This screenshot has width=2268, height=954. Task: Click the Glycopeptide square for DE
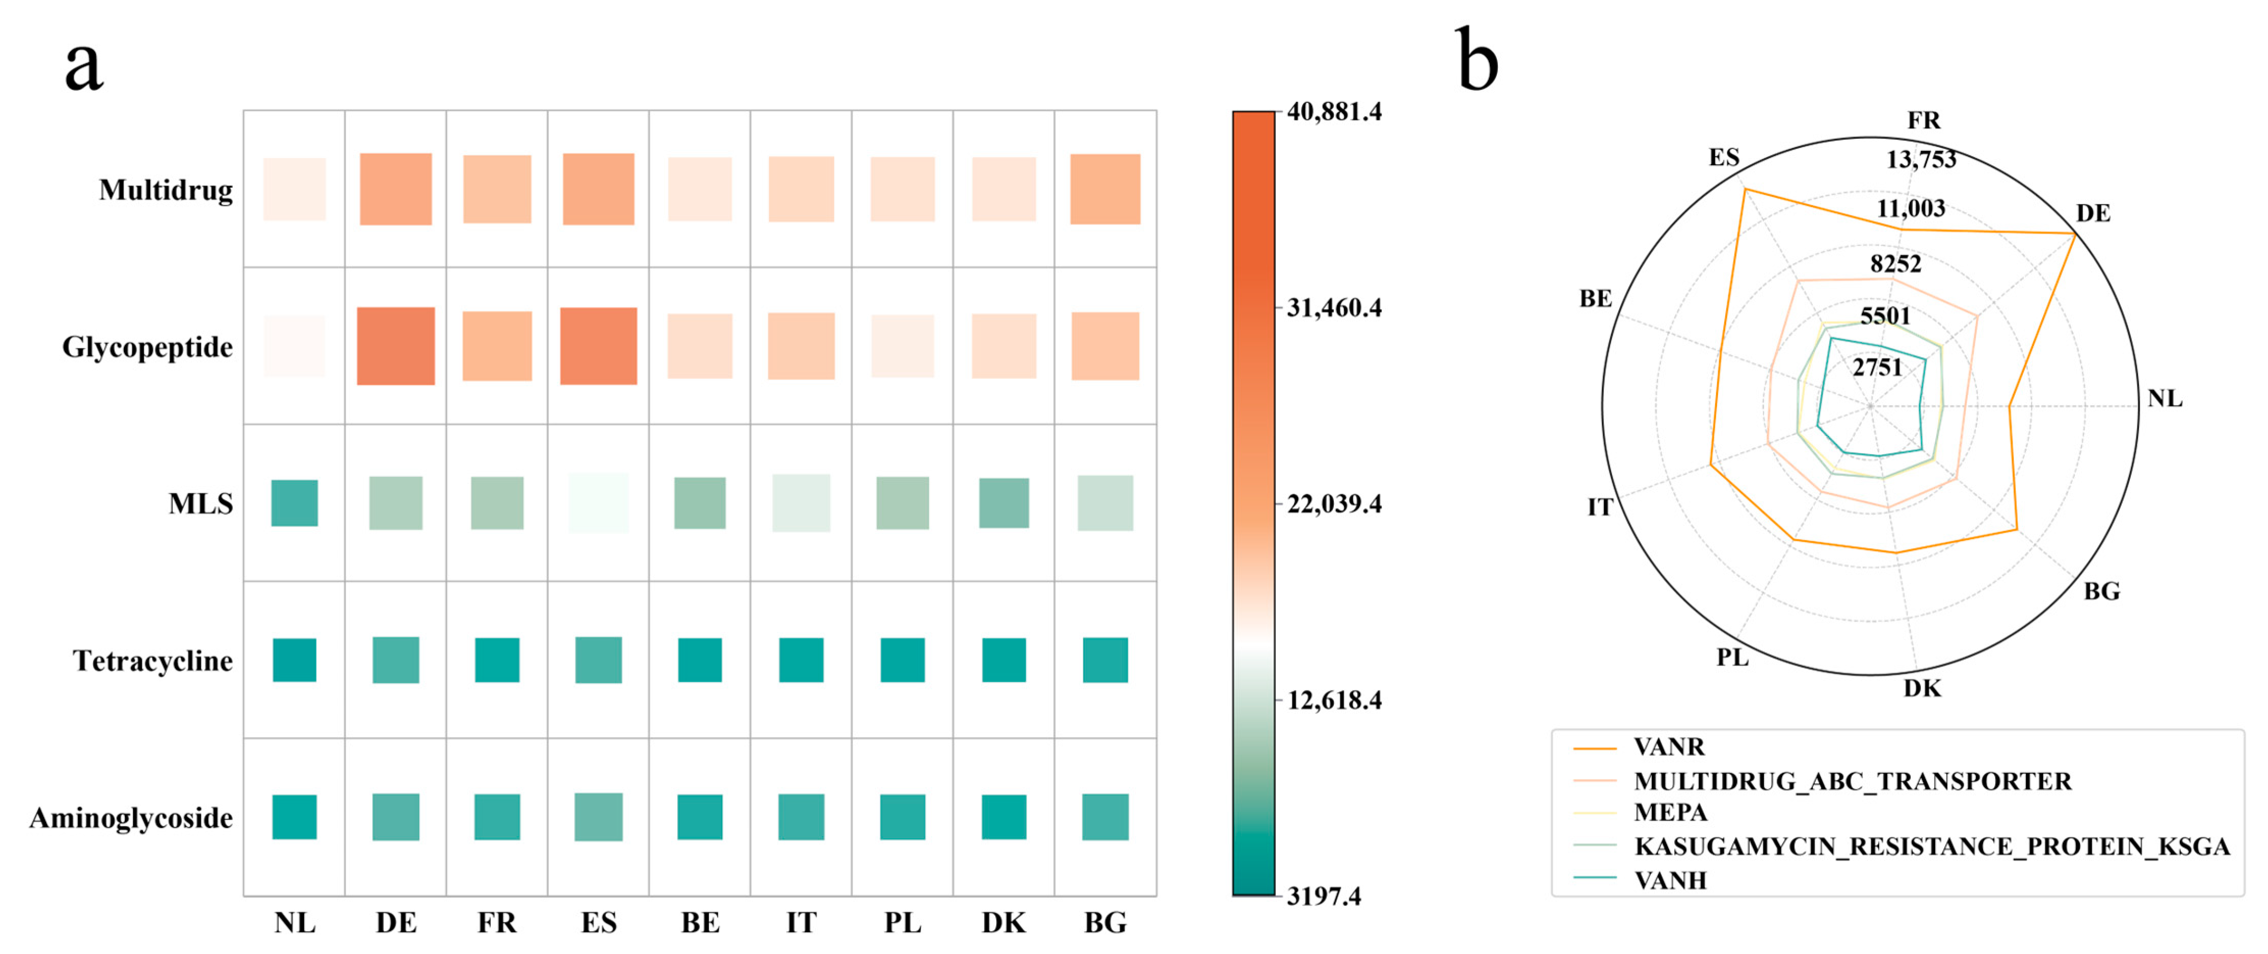click(x=395, y=346)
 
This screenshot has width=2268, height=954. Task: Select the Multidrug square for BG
click(x=1105, y=189)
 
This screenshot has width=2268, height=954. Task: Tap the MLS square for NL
click(x=294, y=503)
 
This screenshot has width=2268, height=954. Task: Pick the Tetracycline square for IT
click(x=801, y=660)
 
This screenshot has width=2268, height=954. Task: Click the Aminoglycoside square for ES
click(x=599, y=816)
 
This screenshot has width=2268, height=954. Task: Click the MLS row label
click(x=201, y=504)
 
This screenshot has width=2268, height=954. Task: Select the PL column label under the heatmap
click(x=903, y=922)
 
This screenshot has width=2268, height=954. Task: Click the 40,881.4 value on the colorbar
click(x=1334, y=112)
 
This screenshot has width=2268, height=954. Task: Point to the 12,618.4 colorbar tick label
click(x=1334, y=700)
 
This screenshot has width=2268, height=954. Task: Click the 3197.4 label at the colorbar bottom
click(x=1323, y=896)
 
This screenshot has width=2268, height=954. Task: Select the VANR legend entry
click(x=1669, y=747)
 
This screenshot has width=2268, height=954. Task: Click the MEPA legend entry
click(x=1670, y=812)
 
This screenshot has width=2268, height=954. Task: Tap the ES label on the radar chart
click(x=1724, y=158)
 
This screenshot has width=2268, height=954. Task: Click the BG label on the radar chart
click(x=2102, y=591)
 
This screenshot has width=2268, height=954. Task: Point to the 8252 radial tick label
click(x=1895, y=264)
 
